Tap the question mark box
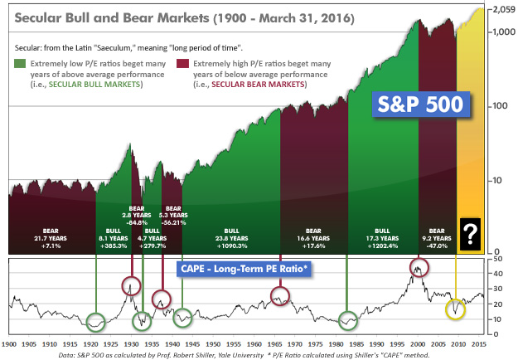[471, 234]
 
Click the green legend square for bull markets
[20, 63]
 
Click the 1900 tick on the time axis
[9, 343]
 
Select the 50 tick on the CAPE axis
[496, 259]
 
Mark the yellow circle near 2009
[455, 309]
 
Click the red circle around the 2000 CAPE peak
[419, 267]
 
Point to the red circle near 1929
[131, 286]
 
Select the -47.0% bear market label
[437, 246]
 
